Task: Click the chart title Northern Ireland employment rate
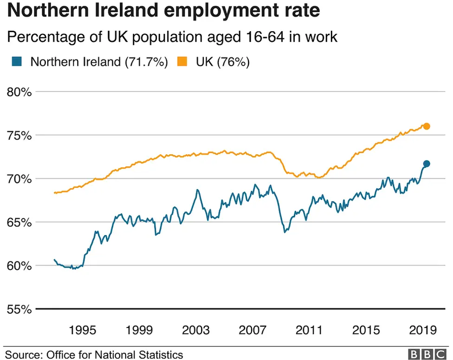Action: pos(163,11)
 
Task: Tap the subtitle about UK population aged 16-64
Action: pos(172,37)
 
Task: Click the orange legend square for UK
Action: pos(183,62)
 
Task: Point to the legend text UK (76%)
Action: pos(222,62)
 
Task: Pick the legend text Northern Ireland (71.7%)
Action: pos(99,62)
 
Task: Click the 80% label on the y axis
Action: pos(19,92)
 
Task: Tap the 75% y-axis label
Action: pos(19,136)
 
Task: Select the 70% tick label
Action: pos(19,179)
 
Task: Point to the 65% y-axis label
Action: pos(19,222)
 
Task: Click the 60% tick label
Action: pos(19,266)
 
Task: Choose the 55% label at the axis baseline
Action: pos(19,309)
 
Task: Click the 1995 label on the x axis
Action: pos(83,330)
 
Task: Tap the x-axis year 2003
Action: pos(196,330)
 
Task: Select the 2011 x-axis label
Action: pos(309,330)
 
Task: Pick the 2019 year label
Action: pos(422,330)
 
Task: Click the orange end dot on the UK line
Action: pos(427,126)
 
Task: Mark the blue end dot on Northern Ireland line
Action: pos(427,164)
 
